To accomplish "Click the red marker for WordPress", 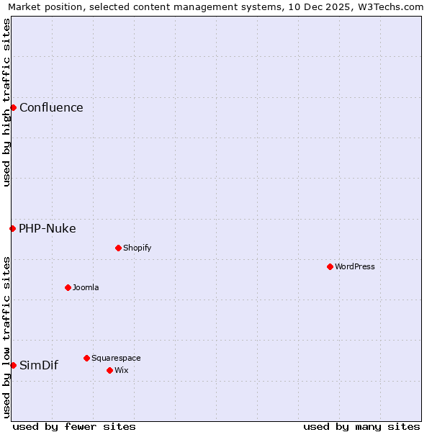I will click(x=330, y=266).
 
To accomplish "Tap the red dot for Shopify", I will click(x=118, y=248).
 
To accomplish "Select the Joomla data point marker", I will click(x=68, y=287).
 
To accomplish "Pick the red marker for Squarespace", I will click(x=86, y=358).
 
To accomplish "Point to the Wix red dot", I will click(x=109, y=370).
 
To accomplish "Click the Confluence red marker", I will click(x=13, y=107).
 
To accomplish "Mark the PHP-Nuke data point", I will click(x=12, y=228).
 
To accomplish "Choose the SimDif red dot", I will click(x=13, y=365).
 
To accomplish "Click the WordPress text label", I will click(x=355, y=266).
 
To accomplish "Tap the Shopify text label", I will click(x=138, y=248).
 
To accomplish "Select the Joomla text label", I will click(x=86, y=287).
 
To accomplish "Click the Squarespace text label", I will click(x=116, y=358).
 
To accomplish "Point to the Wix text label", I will click(x=122, y=370).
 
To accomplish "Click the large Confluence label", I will click(x=51, y=108).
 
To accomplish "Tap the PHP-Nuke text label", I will click(x=48, y=229).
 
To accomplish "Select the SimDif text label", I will click(x=39, y=365).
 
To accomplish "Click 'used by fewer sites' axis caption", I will click(x=74, y=426).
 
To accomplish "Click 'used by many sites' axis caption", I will click(x=361, y=426).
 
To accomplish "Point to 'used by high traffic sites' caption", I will click(x=6, y=102).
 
